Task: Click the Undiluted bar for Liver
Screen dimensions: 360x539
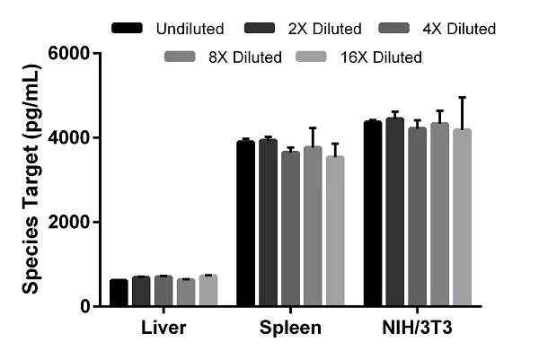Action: pos(119,293)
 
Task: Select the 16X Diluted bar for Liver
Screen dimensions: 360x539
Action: pos(208,291)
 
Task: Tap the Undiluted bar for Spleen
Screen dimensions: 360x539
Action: pos(245,224)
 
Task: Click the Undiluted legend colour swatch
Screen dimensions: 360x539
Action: pos(128,30)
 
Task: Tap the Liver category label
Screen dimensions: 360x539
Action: pos(163,328)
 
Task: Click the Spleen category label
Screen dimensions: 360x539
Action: pos(290,328)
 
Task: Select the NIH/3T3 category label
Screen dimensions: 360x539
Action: pos(417,328)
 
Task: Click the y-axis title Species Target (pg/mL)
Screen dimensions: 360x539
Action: pos(30,180)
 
